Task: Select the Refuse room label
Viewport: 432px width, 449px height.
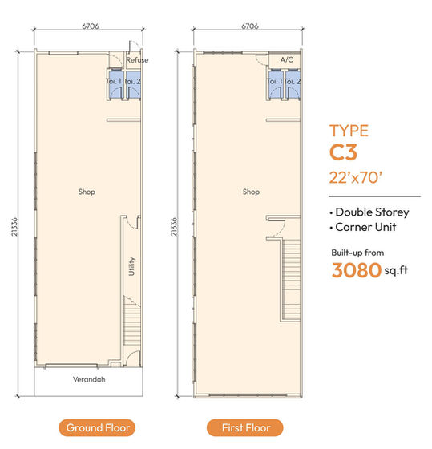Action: [137, 59]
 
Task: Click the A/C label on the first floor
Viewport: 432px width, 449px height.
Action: [286, 59]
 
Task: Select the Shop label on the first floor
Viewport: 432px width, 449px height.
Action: [251, 192]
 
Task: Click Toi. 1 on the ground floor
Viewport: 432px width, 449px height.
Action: [114, 81]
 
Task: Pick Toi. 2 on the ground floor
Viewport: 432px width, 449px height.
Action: [134, 81]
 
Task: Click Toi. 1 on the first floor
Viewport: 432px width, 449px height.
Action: [275, 81]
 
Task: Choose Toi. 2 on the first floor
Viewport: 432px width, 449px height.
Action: [294, 81]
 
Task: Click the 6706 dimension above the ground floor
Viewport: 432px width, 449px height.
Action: [91, 26]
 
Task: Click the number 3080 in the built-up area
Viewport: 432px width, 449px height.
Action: [355, 270]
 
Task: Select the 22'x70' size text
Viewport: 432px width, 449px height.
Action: [361, 178]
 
